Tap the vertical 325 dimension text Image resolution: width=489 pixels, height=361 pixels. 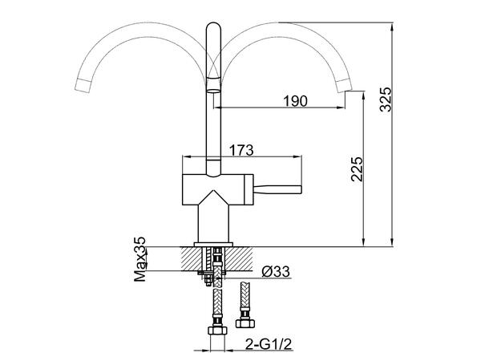pyautogui.click(x=386, y=98)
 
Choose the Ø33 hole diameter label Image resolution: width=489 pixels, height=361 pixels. pyautogui.click(x=276, y=273)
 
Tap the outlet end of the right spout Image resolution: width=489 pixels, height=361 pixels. pyautogui.click(x=349, y=85)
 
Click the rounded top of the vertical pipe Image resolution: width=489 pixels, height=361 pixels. pyautogui.click(x=214, y=27)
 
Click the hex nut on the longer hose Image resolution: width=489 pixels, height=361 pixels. pyautogui.click(x=216, y=331)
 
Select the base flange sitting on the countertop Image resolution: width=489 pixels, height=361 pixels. pyautogui.click(x=213, y=242)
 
